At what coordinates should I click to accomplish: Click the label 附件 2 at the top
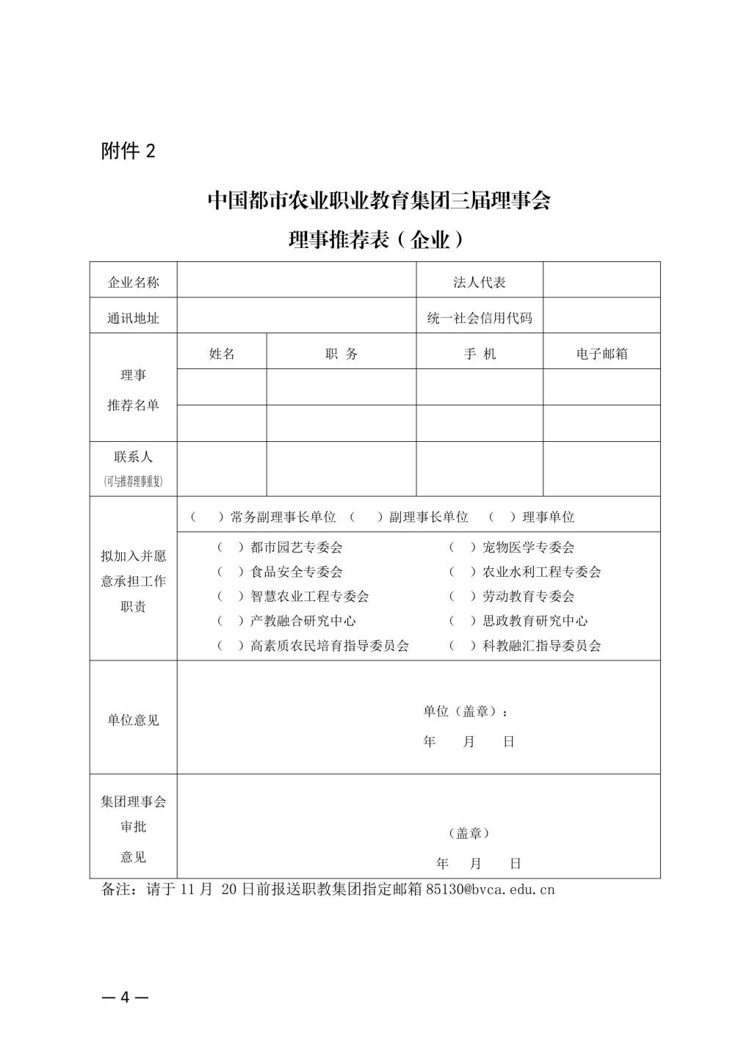129,151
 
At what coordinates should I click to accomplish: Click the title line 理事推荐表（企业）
377,239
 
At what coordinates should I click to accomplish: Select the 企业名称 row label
133,283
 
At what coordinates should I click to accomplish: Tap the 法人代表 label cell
479,283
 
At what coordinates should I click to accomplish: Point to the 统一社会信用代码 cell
479,319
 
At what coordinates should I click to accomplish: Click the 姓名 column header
222,354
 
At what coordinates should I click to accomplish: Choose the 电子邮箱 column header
601,354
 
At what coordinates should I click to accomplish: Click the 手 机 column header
479,354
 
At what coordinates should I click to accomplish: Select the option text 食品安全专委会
296,572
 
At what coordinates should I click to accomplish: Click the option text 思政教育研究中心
535,621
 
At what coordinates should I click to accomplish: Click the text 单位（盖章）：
466,711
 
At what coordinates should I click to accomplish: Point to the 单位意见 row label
133,720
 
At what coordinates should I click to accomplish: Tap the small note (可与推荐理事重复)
133,481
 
